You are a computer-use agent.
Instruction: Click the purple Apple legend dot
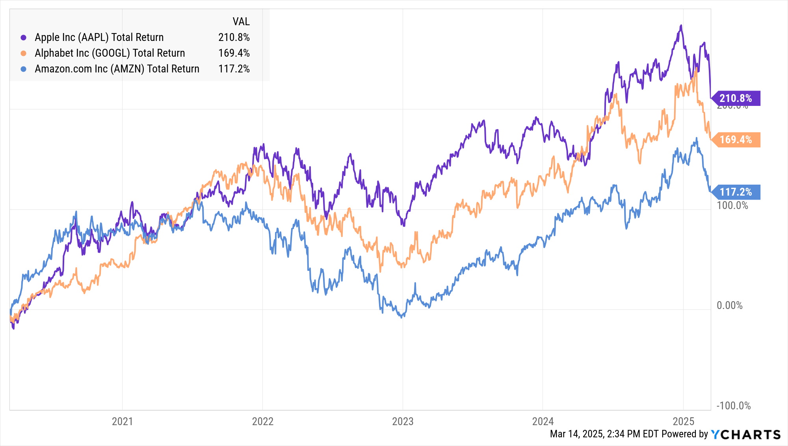[24, 38]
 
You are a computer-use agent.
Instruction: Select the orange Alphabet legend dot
[24, 53]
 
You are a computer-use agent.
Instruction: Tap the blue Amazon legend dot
[24, 69]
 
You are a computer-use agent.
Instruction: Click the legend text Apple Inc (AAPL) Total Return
[99, 37]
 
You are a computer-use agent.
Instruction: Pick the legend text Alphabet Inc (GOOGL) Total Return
[110, 53]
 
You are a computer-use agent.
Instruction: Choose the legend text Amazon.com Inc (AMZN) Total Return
[117, 69]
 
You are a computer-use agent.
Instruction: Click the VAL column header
[241, 22]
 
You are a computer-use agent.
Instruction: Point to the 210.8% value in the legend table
[234, 37]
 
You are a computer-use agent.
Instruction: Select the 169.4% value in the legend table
[234, 53]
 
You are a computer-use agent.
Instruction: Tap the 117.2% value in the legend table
[234, 69]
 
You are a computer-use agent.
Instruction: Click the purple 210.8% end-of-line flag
[736, 98]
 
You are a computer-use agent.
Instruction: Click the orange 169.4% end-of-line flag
[736, 140]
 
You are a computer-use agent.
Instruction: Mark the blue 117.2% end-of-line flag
[736, 192]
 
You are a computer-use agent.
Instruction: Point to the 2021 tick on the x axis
[123, 421]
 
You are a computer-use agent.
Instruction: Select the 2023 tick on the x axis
[403, 421]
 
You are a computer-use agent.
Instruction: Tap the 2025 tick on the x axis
[683, 421]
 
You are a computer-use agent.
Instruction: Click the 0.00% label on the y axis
[729, 305]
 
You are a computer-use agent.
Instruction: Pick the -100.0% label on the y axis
[733, 406]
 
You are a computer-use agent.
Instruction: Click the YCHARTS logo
[746, 434]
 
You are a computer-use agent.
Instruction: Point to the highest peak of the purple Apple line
[681, 26]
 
